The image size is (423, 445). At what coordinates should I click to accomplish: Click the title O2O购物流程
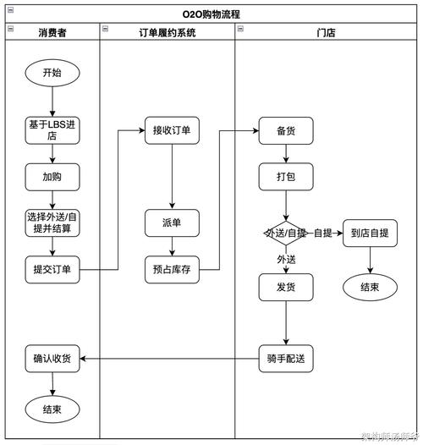point(211,14)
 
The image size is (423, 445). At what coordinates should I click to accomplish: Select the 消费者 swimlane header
point(52,32)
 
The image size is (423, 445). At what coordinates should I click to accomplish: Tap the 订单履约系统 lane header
point(167,32)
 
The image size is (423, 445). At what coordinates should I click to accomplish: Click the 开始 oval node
point(52,73)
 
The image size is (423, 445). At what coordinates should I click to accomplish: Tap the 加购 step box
point(52,178)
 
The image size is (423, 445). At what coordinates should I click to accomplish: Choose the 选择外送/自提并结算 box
point(52,222)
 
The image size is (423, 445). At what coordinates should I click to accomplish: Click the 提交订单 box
point(52,270)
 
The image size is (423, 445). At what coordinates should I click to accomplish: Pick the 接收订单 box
point(172,130)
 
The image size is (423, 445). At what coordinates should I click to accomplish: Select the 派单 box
point(172,222)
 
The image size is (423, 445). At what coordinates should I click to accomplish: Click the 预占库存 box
point(172,270)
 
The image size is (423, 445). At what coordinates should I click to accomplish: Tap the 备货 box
point(286,131)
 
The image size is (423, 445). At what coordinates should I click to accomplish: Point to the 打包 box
point(286,177)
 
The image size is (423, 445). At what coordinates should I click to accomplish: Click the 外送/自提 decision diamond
point(285,233)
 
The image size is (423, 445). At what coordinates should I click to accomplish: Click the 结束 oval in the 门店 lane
point(370,287)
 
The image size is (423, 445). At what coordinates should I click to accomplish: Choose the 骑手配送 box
point(286,359)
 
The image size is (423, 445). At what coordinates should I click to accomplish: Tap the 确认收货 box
point(52,359)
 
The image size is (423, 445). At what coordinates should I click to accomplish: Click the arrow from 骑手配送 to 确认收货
point(169,359)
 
